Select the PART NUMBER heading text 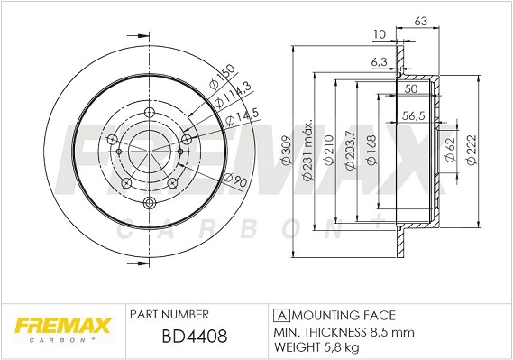click(x=169, y=314)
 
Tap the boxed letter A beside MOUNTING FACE click(x=279, y=315)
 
